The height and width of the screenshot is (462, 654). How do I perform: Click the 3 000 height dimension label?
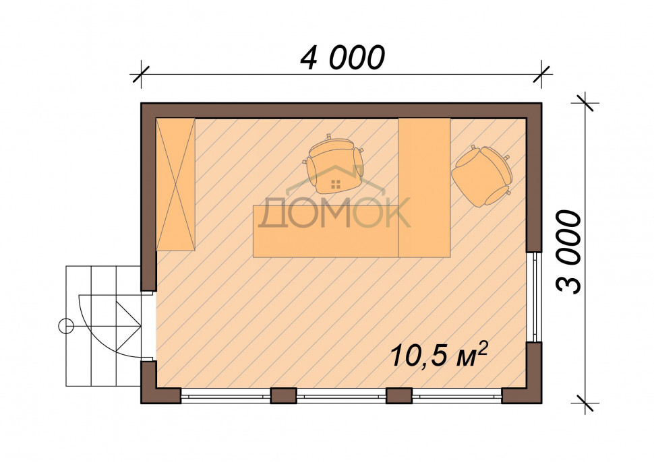pos(568,252)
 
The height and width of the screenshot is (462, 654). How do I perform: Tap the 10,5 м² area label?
pos(439,354)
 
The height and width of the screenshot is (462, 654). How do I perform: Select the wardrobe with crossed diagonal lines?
pos(175,184)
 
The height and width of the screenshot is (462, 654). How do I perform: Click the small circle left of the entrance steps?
pos(65,326)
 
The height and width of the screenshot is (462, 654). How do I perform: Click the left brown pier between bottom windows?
pos(284,396)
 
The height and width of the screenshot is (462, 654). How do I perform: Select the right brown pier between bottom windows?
pos(399,396)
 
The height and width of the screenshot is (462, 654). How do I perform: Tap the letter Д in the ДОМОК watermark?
pos(273,213)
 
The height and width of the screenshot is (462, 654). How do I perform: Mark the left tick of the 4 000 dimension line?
pos(141,75)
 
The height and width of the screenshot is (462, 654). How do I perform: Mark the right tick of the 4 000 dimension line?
pos(541,75)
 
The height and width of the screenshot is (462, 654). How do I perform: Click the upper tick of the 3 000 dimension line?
pos(586,103)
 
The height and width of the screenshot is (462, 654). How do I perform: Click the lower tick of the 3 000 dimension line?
pos(586,403)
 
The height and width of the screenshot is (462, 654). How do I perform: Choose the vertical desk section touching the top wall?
pos(425,187)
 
